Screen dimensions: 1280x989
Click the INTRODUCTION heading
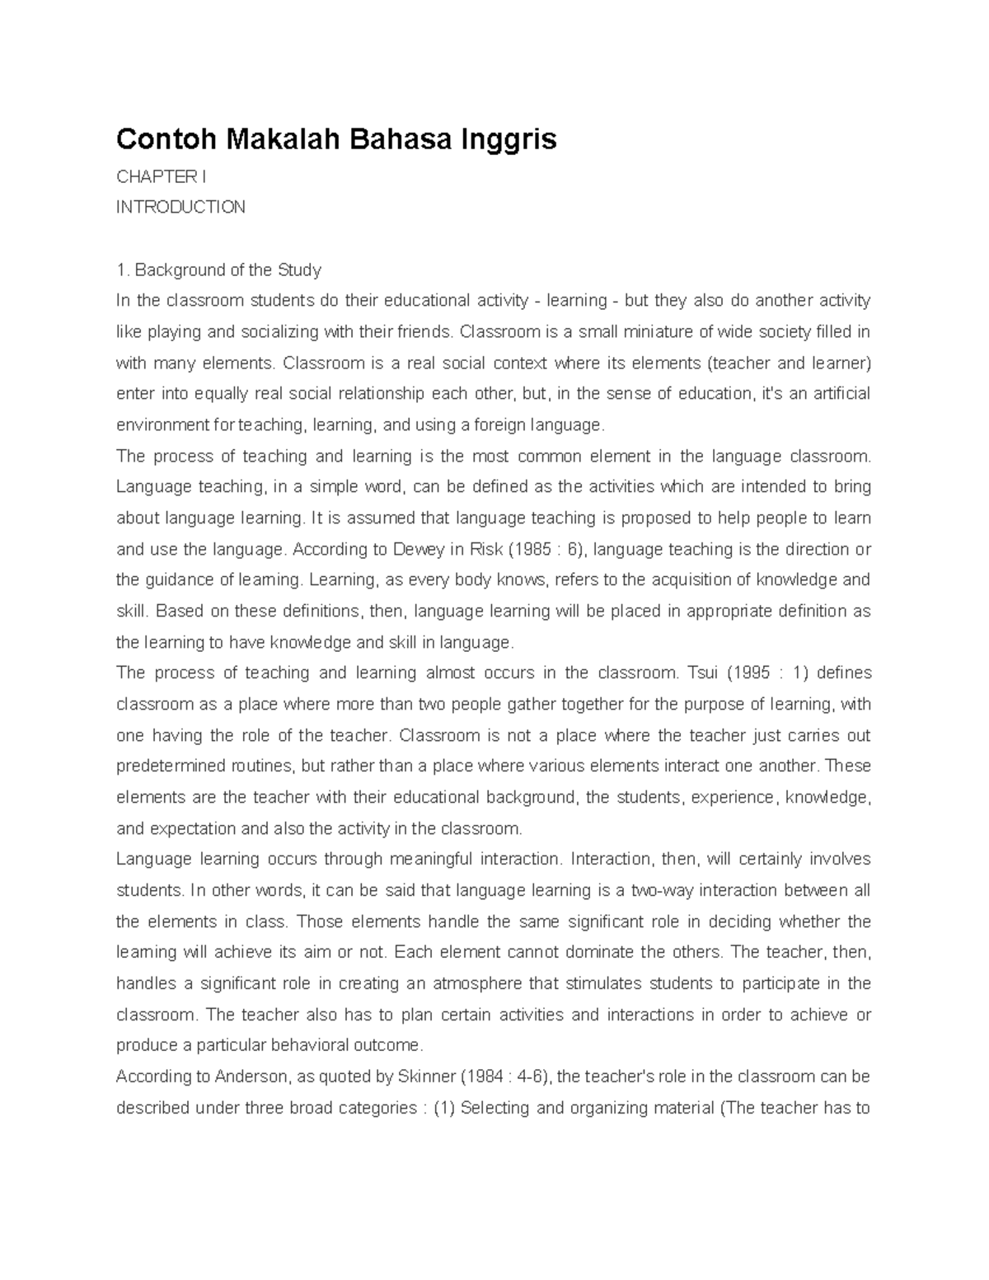point(180,207)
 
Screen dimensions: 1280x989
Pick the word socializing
point(279,332)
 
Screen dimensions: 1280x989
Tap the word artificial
point(840,394)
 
